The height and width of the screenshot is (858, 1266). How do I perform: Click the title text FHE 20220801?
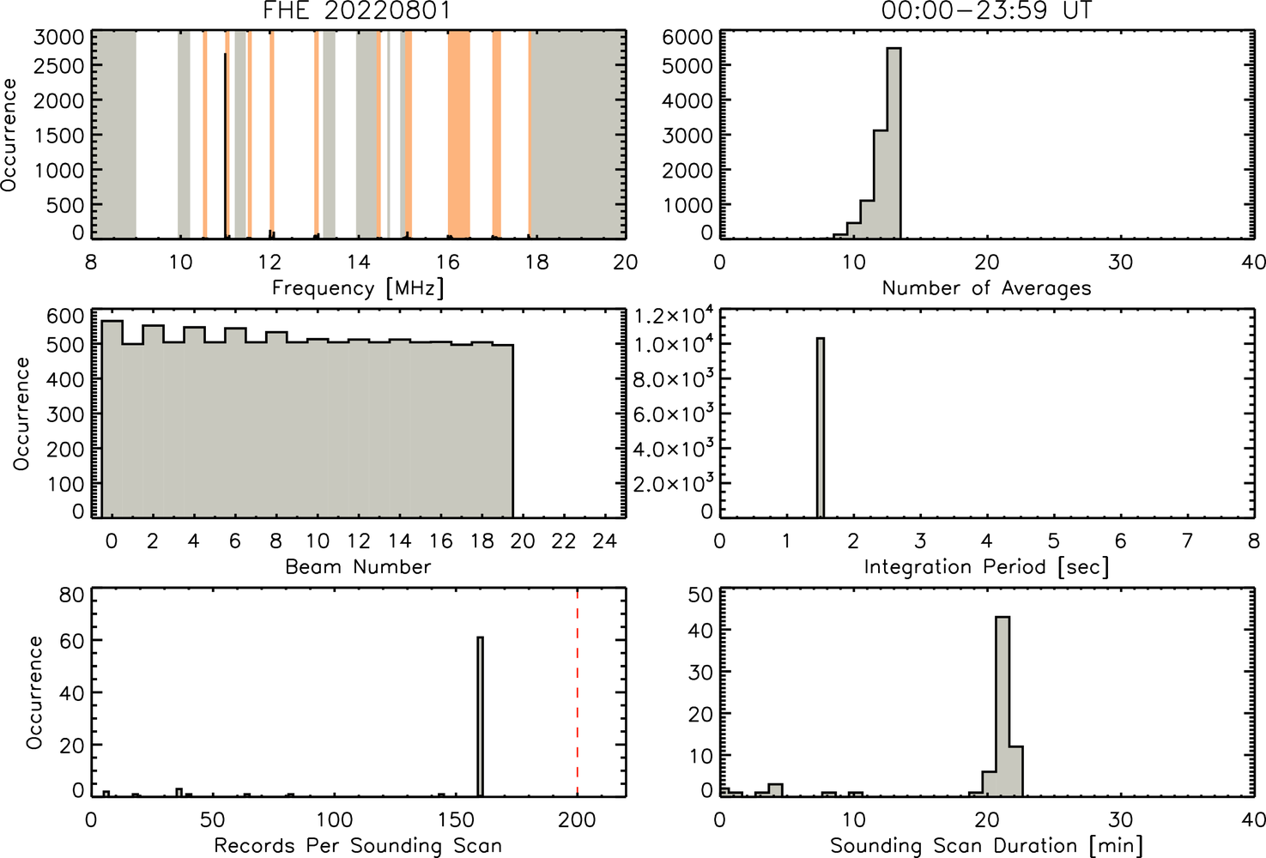point(357,10)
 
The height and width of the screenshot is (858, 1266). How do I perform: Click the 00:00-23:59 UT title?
point(987,10)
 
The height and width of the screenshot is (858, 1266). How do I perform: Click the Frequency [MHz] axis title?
point(358,288)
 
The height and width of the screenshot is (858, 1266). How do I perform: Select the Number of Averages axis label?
point(986,288)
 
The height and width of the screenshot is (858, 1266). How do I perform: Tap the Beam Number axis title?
point(358,566)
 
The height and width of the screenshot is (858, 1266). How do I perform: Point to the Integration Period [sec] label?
point(986,566)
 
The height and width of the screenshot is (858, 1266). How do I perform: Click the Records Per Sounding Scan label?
point(358,846)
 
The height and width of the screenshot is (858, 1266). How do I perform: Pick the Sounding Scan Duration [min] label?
point(986,846)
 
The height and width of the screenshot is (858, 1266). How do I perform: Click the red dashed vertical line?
point(577,692)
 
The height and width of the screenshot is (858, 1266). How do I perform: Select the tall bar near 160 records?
point(481,716)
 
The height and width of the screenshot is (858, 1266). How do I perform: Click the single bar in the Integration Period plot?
point(821,427)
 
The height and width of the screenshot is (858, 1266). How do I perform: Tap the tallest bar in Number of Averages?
point(894,143)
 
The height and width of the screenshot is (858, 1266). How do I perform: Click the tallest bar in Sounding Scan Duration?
point(1003,707)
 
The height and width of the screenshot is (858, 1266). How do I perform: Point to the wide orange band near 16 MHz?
point(459,135)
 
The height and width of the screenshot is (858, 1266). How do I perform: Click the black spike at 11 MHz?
point(226,145)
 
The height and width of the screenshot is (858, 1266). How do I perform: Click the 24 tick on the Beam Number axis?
point(605,541)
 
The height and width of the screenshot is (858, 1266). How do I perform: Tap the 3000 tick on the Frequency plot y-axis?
point(58,37)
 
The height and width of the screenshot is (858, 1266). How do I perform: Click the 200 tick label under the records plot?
point(577,819)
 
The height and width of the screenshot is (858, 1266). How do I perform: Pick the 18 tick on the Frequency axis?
point(536,262)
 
